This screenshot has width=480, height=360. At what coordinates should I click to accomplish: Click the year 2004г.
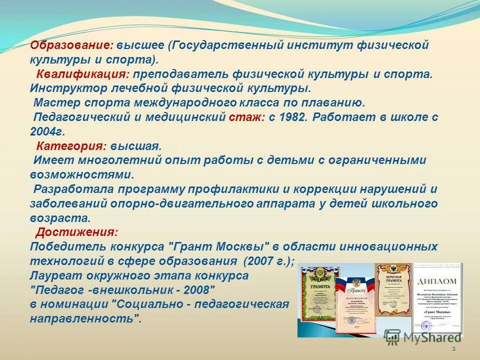[x=47, y=132]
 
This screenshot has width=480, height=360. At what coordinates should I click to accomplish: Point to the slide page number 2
[x=453, y=348]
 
